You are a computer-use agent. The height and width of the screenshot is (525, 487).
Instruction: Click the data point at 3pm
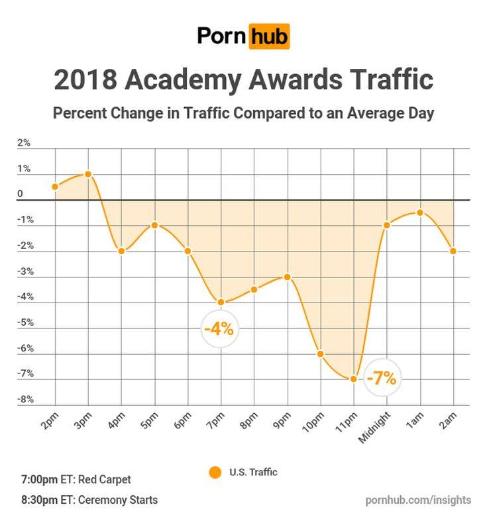click(x=88, y=174)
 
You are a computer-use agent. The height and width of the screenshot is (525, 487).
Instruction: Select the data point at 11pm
click(x=354, y=379)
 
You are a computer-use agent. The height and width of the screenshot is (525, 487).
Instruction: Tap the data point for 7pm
click(x=221, y=303)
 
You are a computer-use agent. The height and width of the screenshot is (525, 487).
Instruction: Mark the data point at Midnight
click(x=387, y=225)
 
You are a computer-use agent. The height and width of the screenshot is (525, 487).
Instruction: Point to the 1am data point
click(x=420, y=213)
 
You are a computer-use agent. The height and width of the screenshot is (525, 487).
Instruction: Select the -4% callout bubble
click(x=219, y=328)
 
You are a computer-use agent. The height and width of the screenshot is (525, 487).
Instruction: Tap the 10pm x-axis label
click(x=314, y=422)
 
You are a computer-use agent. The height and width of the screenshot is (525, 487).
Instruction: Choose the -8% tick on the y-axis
click(x=25, y=399)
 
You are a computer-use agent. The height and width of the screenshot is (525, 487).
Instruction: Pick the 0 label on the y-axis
click(x=21, y=195)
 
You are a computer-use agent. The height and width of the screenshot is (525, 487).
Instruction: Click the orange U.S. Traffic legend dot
click(x=214, y=473)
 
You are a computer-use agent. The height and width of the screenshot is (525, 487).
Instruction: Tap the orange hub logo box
click(x=269, y=36)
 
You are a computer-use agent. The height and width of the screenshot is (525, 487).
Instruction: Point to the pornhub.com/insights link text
click(x=418, y=500)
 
